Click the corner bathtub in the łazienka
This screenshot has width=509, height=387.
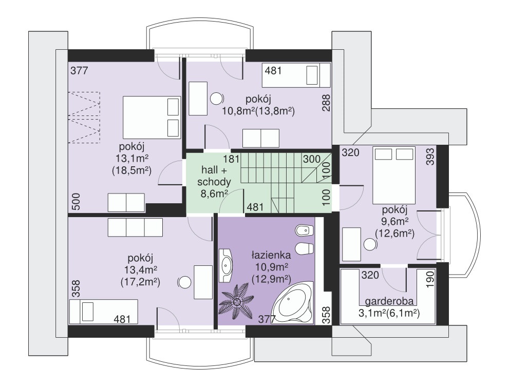point(292,303)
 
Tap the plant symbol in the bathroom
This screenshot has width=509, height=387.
point(237,302)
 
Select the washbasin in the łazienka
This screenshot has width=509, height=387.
point(226,265)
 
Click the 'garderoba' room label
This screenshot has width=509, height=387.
point(389,302)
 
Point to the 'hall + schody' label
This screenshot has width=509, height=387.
point(216,176)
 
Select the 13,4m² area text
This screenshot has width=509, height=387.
point(141,270)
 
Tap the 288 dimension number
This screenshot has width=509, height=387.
point(326,103)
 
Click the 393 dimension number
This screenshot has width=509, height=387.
point(430,157)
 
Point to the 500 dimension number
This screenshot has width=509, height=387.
point(76,202)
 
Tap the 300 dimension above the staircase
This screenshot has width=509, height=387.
point(312,159)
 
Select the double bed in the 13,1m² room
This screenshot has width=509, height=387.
point(152,117)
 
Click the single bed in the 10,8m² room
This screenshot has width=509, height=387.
point(296,75)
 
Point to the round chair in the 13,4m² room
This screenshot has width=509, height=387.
point(184,282)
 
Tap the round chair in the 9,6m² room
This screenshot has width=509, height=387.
point(369,244)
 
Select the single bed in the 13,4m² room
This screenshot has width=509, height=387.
point(104,312)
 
